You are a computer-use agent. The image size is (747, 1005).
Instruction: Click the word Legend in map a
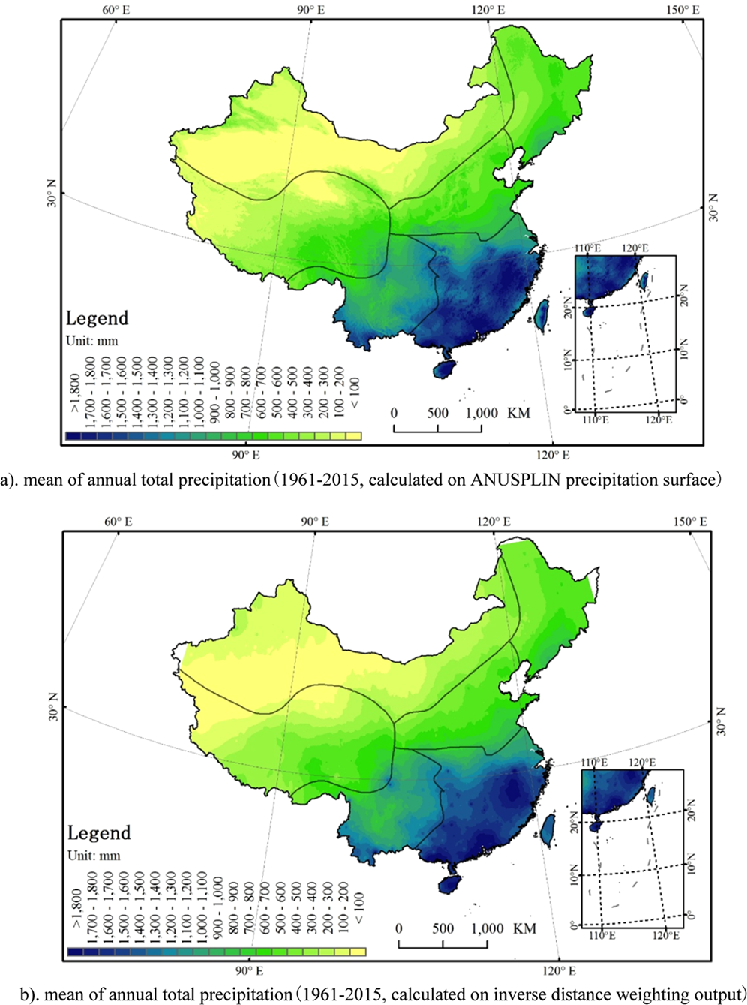pyautogui.click(x=97, y=318)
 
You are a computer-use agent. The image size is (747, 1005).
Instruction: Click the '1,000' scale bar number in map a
pyautogui.click(x=481, y=413)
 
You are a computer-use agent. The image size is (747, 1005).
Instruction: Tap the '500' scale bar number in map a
pyautogui.click(x=438, y=413)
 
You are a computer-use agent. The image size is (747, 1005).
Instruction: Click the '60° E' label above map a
pyautogui.click(x=116, y=10)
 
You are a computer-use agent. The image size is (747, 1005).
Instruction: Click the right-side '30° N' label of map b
pyautogui.click(x=721, y=721)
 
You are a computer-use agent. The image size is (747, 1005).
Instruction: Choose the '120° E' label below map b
pyautogui.click(x=556, y=970)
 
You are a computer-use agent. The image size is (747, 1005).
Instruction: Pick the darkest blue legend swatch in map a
pyautogui.click(x=73, y=435)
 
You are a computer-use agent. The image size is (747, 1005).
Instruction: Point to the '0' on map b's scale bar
pyautogui.click(x=398, y=928)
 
